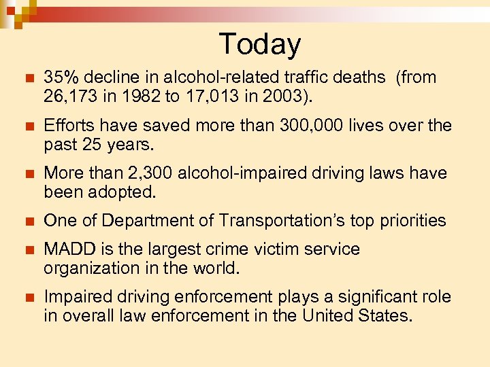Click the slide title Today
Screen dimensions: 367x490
(259, 44)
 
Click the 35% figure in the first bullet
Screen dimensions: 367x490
(61, 77)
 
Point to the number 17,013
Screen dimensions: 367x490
(212, 97)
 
